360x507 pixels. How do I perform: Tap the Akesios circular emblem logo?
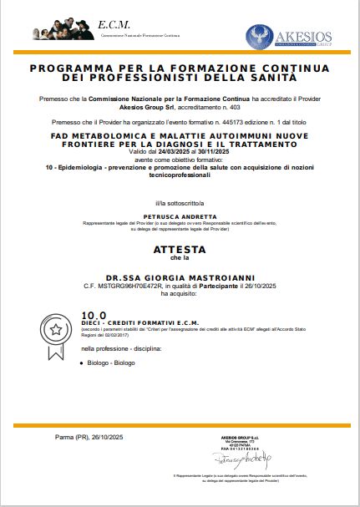[261, 36]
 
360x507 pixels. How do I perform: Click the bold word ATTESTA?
[179, 249]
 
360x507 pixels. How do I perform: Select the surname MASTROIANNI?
[210, 276]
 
